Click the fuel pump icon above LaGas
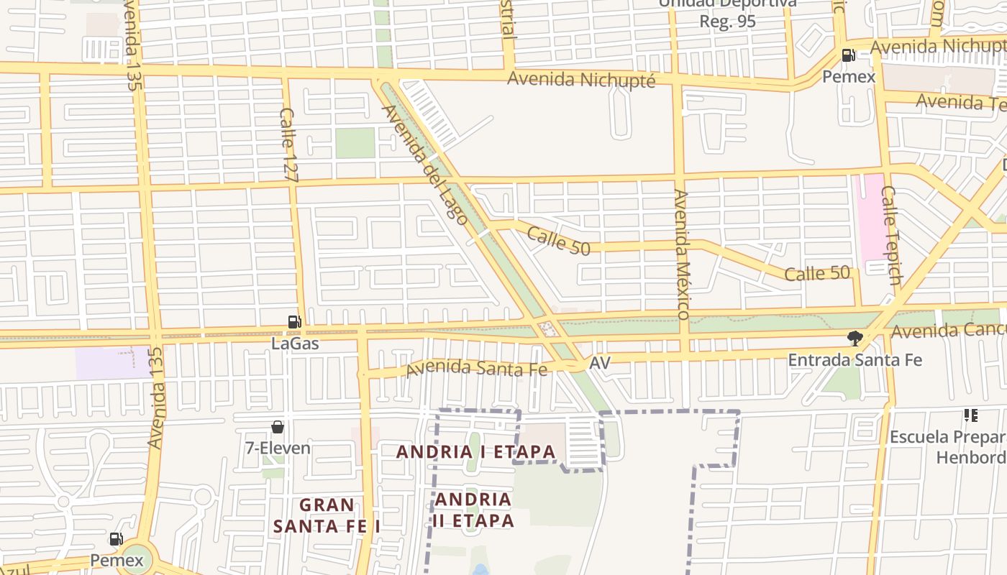[x=293, y=322]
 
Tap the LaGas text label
[x=295, y=344]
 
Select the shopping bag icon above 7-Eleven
[x=278, y=427]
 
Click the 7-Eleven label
[x=278, y=448]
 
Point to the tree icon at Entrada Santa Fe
[x=855, y=338]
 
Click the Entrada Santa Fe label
[x=855, y=360]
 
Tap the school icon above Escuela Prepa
[x=970, y=415]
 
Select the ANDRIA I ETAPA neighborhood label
[x=476, y=452]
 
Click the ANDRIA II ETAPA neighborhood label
[x=474, y=510]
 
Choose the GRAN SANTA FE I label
[x=327, y=515]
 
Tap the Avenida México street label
[x=681, y=254]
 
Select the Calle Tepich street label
[x=890, y=235]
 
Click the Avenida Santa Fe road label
[x=476, y=369]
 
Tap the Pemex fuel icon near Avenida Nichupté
[x=849, y=55]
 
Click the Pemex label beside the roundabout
[x=117, y=560]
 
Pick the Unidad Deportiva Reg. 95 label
[x=727, y=13]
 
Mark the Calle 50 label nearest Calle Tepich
[x=817, y=274]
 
